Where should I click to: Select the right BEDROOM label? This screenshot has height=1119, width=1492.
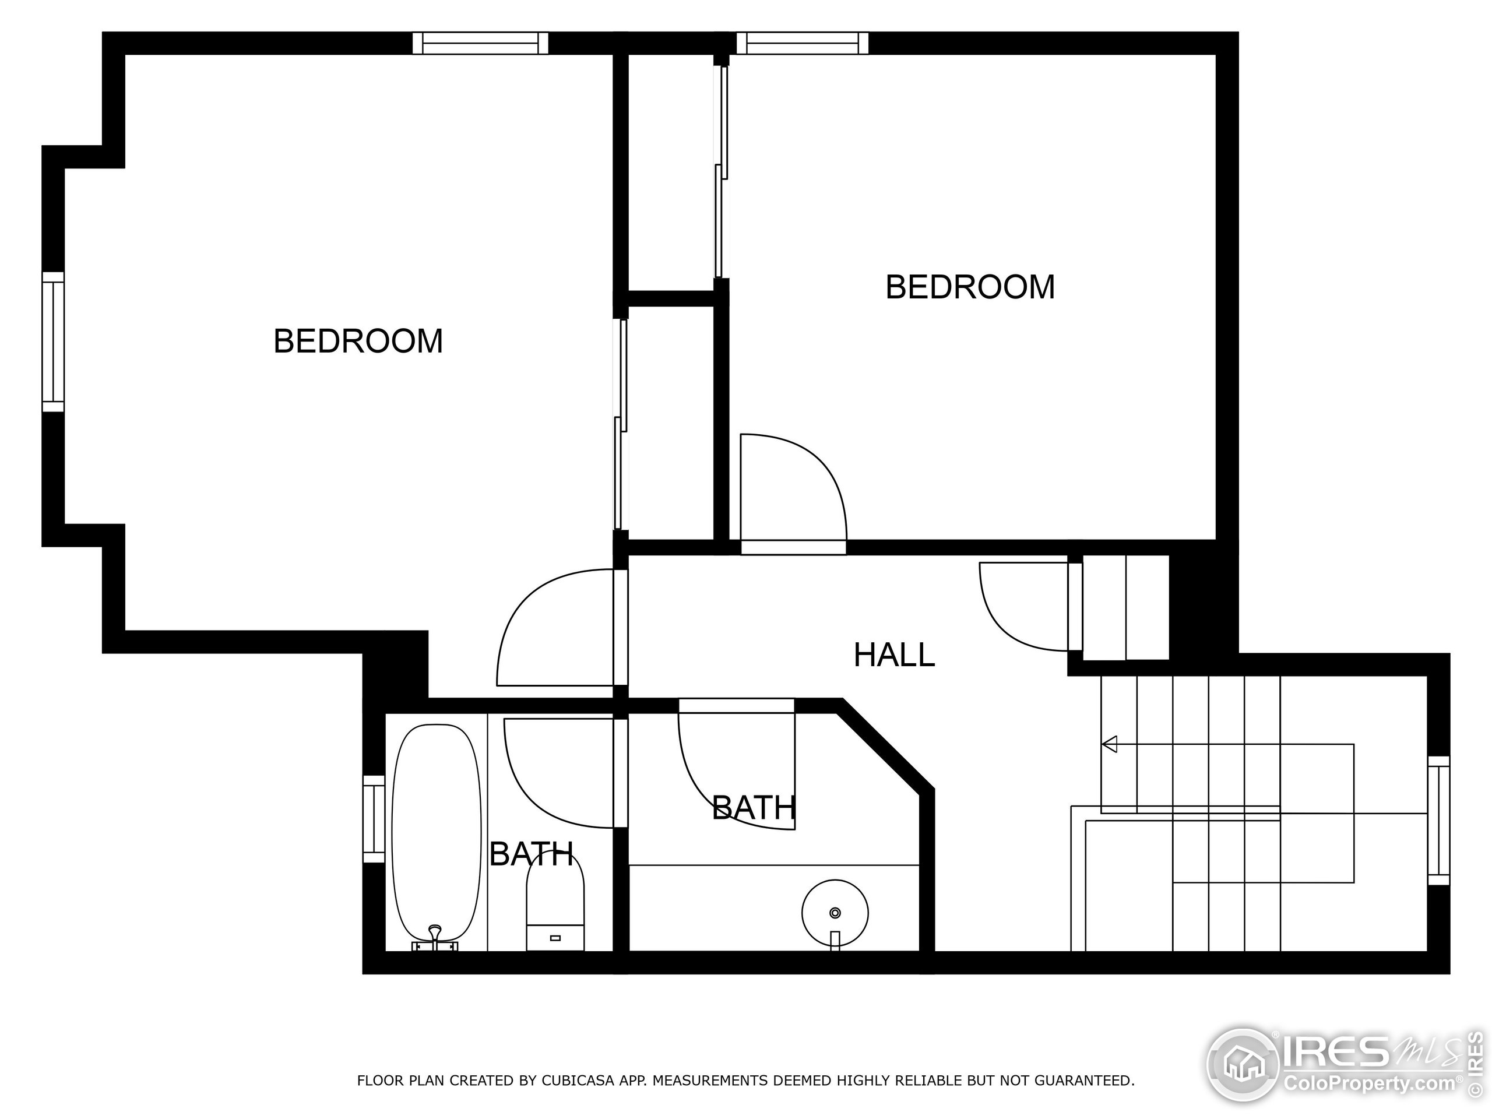pyautogui.click(x=969, y=287)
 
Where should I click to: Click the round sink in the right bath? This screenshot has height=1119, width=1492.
pyautogui.click(x=835, y=913)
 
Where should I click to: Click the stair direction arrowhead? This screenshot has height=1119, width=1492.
pyautogui.click(x=1110, y=744)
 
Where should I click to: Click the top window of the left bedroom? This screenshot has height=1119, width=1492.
pyautogui.click(x=480, y=43)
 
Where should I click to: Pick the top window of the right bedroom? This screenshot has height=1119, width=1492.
pyautogui.click(x=802, y=43)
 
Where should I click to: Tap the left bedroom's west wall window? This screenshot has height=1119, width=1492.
pyautogui.click(x=52, y=342)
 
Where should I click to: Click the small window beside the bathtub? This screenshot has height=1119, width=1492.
pyautogui.click(x=373, y=819)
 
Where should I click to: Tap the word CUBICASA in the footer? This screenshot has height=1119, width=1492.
pyautogui.click(x=578, y=1081)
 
